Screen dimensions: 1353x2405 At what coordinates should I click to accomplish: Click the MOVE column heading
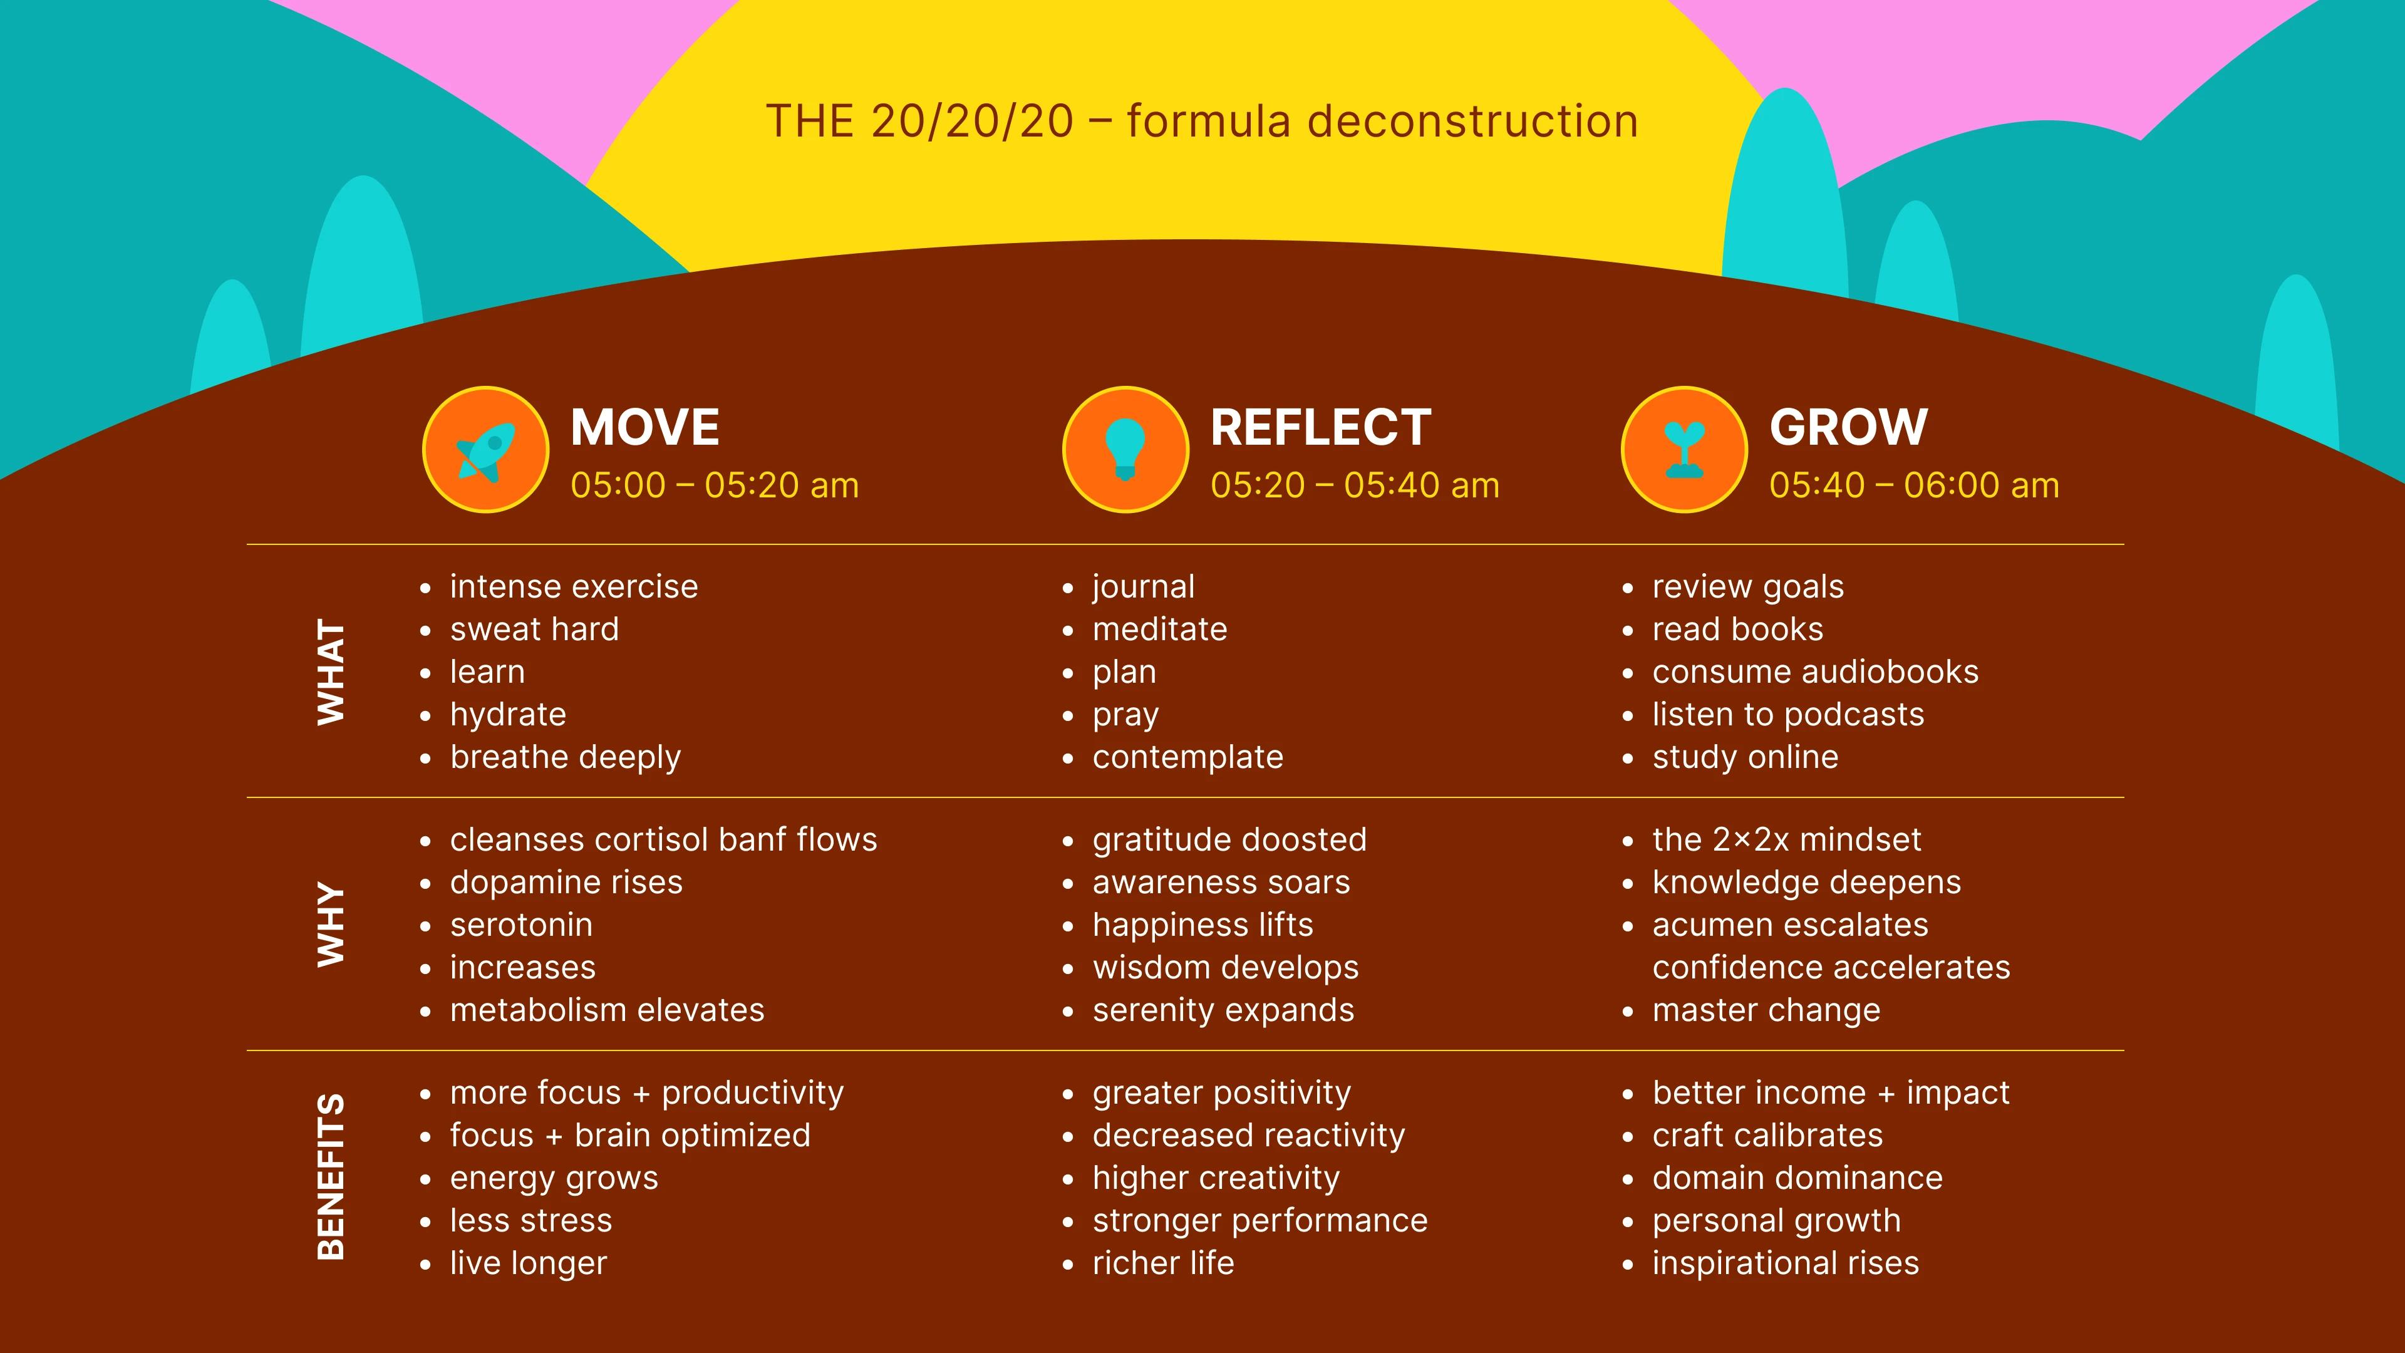(644, 428)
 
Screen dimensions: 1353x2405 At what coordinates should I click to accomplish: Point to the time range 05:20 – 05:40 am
(1355, 485)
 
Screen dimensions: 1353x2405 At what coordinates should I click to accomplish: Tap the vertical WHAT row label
(331, 671)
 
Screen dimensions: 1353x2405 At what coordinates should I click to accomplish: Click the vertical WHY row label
(331, 925)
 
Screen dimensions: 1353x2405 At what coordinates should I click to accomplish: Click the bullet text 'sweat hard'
(534, 630)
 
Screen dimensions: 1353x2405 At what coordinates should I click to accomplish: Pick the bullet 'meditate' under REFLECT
(1159, 630)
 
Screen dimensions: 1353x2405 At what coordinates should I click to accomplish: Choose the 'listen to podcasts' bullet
(1788, 714)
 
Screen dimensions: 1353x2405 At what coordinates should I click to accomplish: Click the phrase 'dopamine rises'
(566, 883)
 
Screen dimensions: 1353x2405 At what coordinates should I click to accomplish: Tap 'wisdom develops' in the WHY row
(1225, 967)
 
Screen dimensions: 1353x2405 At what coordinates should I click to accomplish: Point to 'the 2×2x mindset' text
(1786, 839)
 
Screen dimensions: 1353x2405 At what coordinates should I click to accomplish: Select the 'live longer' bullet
(529, 1263)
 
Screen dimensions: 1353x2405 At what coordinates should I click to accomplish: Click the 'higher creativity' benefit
(1216, 1178)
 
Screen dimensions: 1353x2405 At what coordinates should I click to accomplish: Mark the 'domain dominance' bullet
(1797, 1178)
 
